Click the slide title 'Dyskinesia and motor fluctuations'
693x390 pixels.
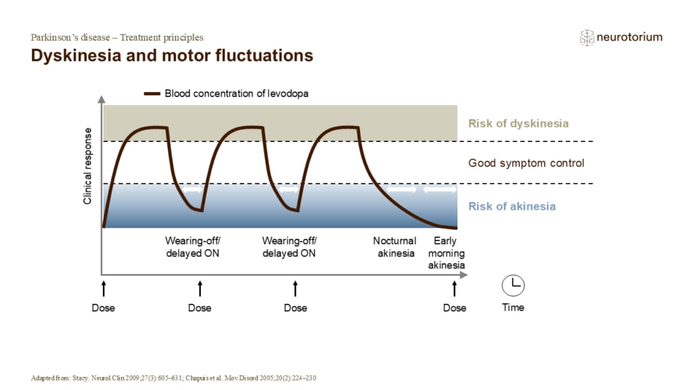coord(172,56)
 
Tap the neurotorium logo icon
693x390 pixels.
coord(587,38)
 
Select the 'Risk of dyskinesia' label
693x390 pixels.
coord(518,123)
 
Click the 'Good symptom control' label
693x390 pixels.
coord(526,163)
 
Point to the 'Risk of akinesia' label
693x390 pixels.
coord(512,207)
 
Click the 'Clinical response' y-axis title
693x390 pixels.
coord(87,167)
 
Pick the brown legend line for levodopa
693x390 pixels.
coord(152,93)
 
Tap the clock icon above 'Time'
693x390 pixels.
coord(513,285)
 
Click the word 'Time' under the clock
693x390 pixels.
coord(513,307)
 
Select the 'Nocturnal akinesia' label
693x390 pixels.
coord(395,247)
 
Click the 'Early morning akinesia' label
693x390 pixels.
coord(446,253)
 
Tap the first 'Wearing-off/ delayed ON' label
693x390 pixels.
coord(193,247)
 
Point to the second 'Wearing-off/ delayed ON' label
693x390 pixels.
coord(289,247)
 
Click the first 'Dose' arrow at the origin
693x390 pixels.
coord(104,288)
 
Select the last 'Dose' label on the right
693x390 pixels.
coord(454,308)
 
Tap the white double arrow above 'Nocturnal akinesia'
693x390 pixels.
coord(402,190)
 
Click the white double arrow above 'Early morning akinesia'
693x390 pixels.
coord(439,190)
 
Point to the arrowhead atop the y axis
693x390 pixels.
coord(102,100)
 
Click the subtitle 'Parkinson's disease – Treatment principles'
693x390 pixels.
coord(117,38)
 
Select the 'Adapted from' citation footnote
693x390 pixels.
coord(173,378)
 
